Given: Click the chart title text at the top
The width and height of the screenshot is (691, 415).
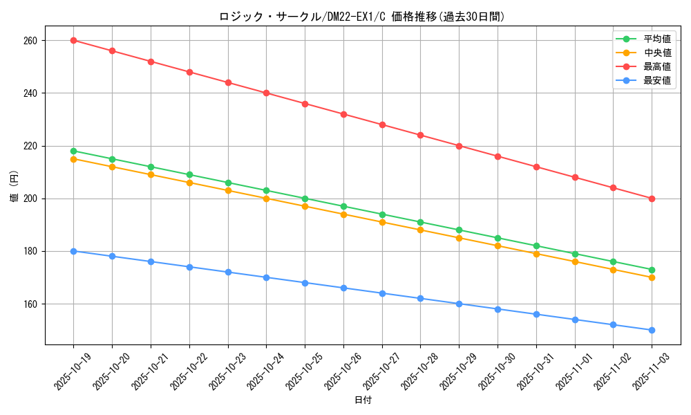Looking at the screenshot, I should click(x=362, y=17).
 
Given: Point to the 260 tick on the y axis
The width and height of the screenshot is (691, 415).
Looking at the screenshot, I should click(x=30, y=41).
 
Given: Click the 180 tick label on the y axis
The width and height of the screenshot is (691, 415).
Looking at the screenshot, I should click(x=30, y=252).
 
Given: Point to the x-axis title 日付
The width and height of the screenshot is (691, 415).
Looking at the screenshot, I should click(x=362, y=400).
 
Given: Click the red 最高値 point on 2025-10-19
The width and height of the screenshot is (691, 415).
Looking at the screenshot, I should click(x=73, y=40).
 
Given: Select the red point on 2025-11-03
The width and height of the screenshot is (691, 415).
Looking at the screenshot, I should click(x=652, y=199).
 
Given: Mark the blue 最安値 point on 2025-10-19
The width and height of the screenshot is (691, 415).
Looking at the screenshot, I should click(x=73, y=251).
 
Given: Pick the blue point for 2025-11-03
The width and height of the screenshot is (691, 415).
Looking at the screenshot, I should click(x=652, y=330).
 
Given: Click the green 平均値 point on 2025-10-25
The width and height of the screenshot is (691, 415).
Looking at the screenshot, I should click(x=305, y=199).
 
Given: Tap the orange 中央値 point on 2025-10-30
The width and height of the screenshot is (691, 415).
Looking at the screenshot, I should click(x=498, y=246).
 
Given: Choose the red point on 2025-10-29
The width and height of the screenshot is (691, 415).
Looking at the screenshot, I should click(x=459, y=146).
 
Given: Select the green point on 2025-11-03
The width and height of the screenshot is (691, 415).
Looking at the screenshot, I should click(x=652, y=270).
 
